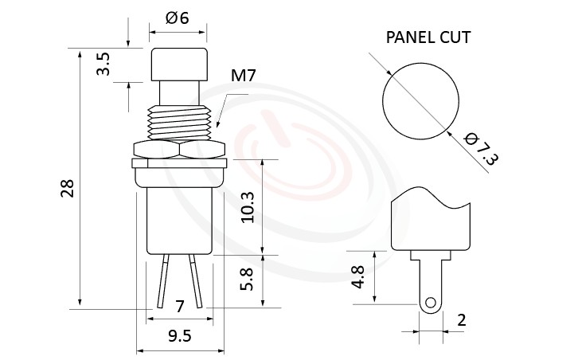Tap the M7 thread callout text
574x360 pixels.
click(243, 76)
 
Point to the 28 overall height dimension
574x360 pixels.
click(67, 188)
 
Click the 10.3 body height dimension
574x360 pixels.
click(248, 206)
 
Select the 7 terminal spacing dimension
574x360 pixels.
click(179, 305)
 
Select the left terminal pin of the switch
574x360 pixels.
click(164, 282)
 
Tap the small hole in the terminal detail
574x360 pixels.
click(431, 303)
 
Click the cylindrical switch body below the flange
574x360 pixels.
click(179, 219)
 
